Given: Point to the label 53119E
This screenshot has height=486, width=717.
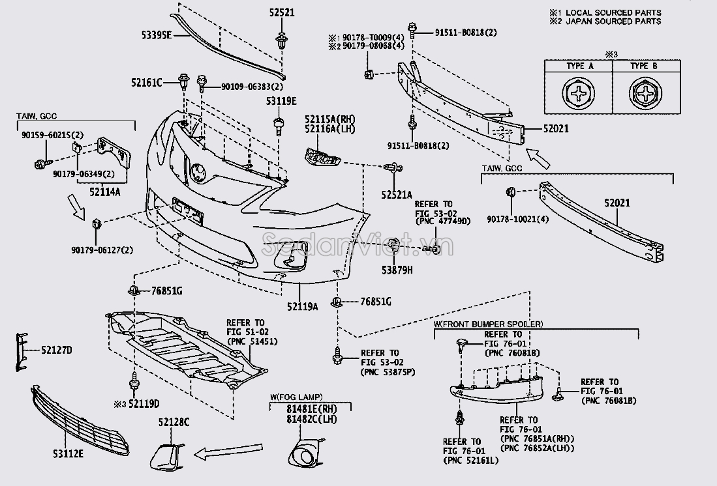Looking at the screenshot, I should click(x=281, y=101).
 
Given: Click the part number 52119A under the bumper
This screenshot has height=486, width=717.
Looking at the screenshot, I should click(x=302, y=306).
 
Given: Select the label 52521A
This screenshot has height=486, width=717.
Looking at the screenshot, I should click(x=397, y=195).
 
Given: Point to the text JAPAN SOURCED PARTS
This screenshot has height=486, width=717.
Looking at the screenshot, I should click(x=613, y=21).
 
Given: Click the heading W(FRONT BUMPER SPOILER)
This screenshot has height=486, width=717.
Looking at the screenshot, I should click(x=488, y=324).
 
